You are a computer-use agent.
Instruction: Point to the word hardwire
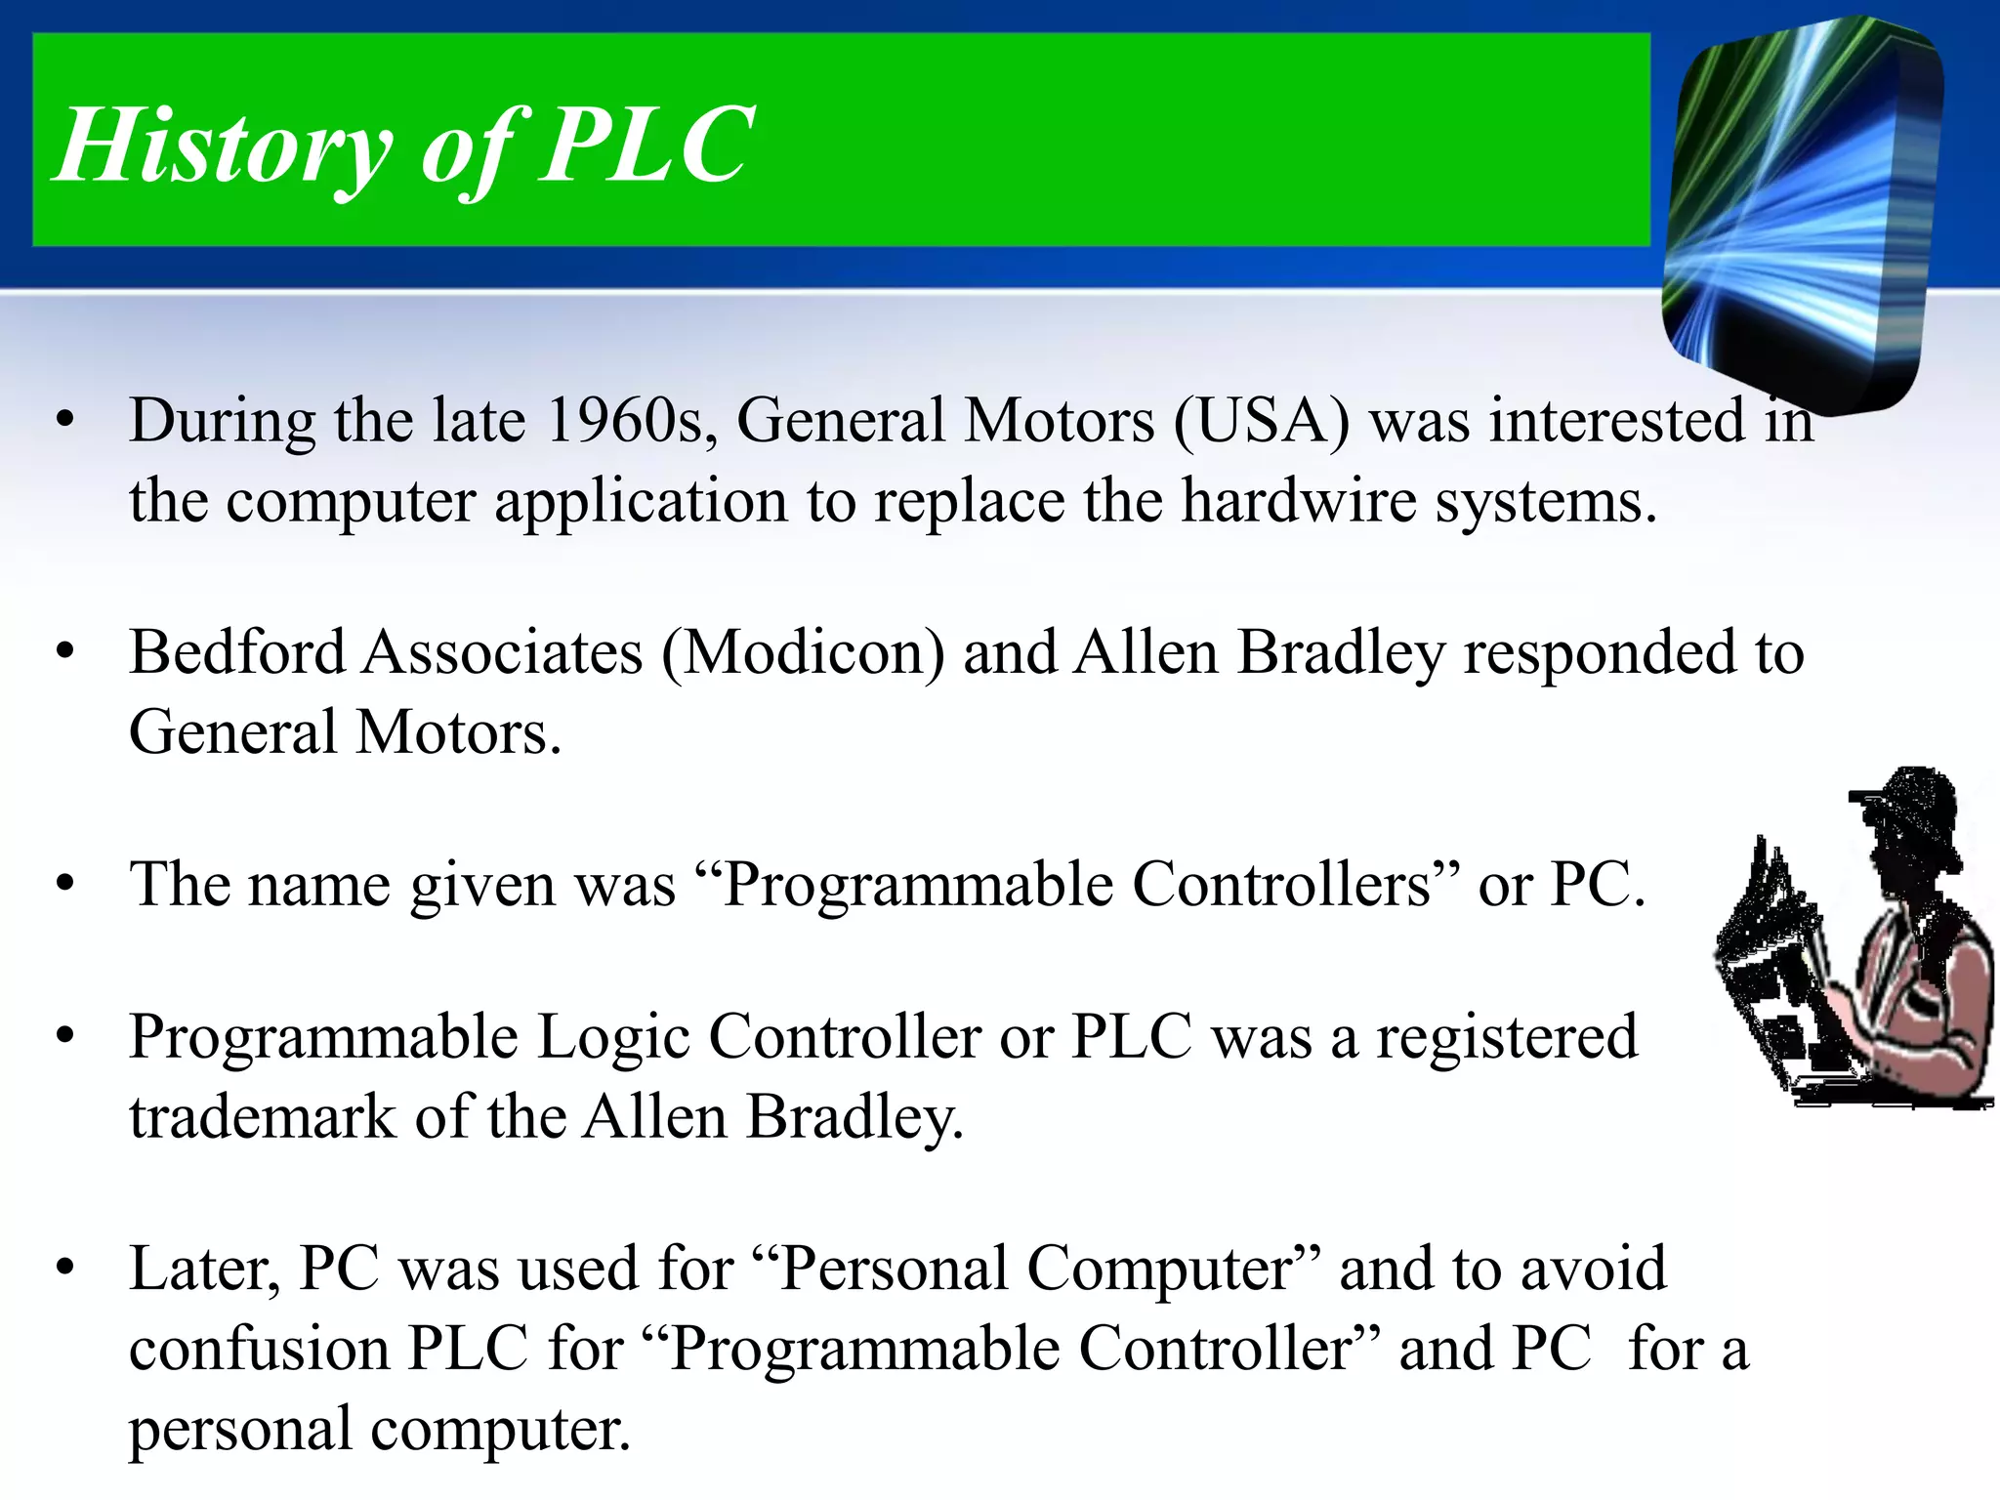[x=1298, y=502]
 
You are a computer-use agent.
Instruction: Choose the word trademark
[x=262, y=1117]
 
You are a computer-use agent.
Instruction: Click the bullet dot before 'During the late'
[x=65, y=422]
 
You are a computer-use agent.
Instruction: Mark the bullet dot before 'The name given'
[x=65, y=885]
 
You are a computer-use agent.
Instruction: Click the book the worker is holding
[x=1777, y=967]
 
